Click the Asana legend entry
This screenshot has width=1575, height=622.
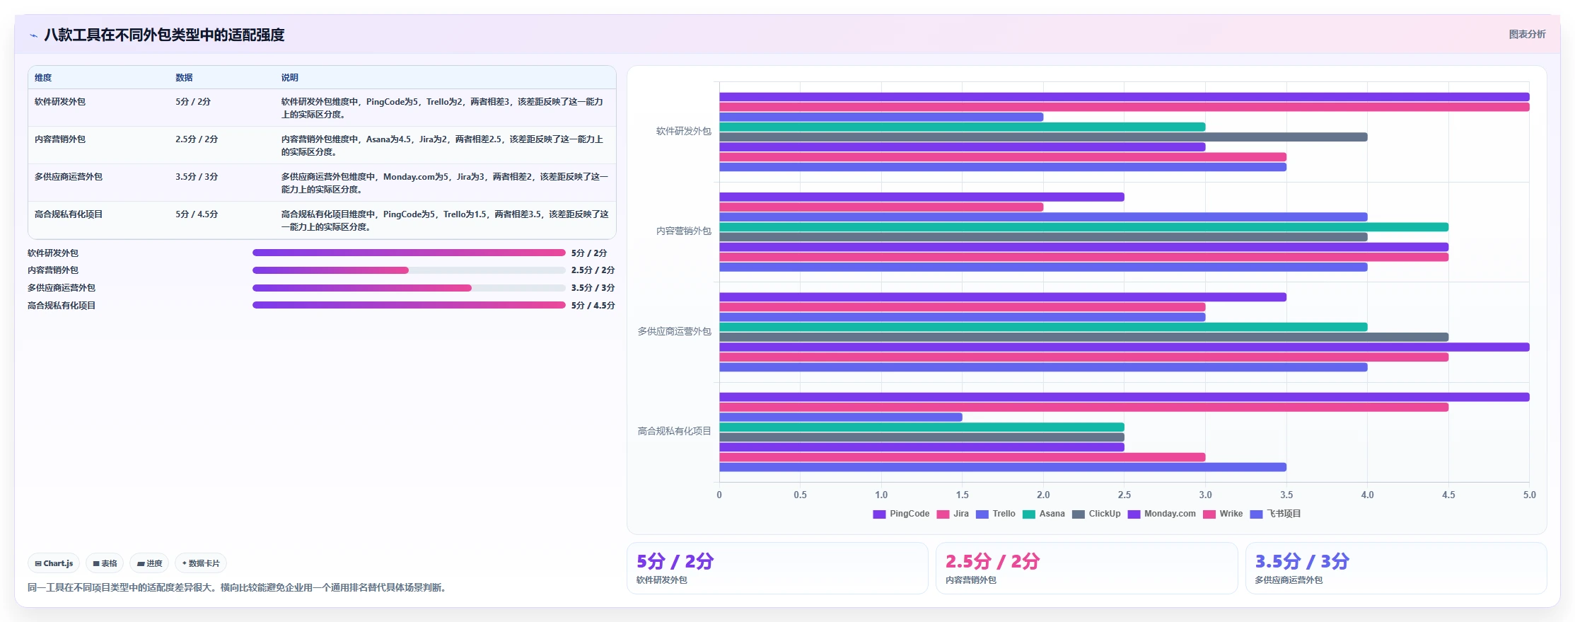(1043, 514)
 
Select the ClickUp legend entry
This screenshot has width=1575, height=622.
(1096, 514)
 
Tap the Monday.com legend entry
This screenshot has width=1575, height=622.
(1161, 514)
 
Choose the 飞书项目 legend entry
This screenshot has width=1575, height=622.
(1276, 514)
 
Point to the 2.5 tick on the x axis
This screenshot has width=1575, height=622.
(1124, 495)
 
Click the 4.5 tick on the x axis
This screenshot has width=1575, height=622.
(1448, 495)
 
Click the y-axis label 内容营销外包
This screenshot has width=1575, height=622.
(683, 231)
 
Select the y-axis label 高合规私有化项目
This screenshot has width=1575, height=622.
(674, 431)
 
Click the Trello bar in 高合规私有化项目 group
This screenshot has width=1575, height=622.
(841, 417)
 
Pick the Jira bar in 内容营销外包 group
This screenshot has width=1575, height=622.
(881, 207)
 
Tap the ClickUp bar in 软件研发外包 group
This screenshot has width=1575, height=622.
(1043, 137)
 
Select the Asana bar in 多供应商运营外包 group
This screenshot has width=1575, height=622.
(1043, 327)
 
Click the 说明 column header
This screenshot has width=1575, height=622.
(289, 78)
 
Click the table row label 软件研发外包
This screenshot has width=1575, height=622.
(60, 102)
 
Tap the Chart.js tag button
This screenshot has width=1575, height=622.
(54, 563)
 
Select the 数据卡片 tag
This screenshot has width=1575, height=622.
(201, 563)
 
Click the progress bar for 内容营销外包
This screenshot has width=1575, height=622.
(409, 270)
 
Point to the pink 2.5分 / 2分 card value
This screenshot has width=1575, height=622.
(992, 561)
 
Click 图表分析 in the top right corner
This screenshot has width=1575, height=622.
(1527, 34)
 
